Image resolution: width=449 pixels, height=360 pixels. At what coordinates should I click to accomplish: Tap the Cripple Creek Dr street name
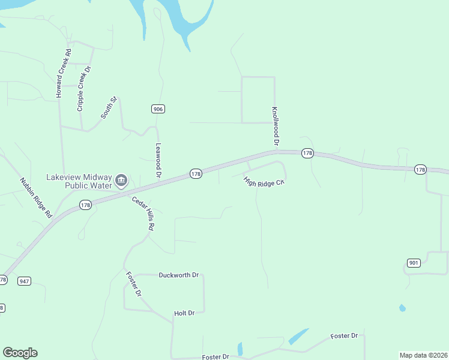[x=83, y=89]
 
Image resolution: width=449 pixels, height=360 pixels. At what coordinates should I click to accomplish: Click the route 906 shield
[x=158, y=109]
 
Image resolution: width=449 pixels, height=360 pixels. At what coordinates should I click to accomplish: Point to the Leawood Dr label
[x=159, y=161]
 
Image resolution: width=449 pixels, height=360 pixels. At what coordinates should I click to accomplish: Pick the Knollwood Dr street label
[x=276, y=127]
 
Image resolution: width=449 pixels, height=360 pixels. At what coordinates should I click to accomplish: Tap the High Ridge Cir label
[x=263, y=182]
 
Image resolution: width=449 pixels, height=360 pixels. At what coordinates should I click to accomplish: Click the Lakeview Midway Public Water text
[x=79, y=181]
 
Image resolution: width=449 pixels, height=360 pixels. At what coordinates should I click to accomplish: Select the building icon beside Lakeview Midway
[x=121, y=180]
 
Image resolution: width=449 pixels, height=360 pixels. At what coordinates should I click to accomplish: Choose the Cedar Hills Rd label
[x=144, y=214]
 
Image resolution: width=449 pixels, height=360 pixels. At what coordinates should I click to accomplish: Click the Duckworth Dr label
[x=178, y=275]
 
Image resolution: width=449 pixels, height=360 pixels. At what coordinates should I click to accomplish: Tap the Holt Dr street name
[x=184, y=313]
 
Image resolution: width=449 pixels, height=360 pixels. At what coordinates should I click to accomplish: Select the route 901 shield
[x=413, y=263]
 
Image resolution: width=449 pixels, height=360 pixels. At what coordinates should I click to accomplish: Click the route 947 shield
[x=24, y=281]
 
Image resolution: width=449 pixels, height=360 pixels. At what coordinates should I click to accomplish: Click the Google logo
[x=20, y=353]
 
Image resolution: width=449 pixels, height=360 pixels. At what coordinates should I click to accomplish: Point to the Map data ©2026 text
[x=423, y=355]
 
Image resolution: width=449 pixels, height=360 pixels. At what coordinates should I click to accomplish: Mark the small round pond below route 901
[x=402, y=308]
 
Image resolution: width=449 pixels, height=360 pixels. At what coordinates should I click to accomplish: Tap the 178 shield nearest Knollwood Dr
[x=307, y=154]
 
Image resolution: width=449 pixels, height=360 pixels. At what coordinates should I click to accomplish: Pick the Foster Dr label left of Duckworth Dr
[x=133, y=284]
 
